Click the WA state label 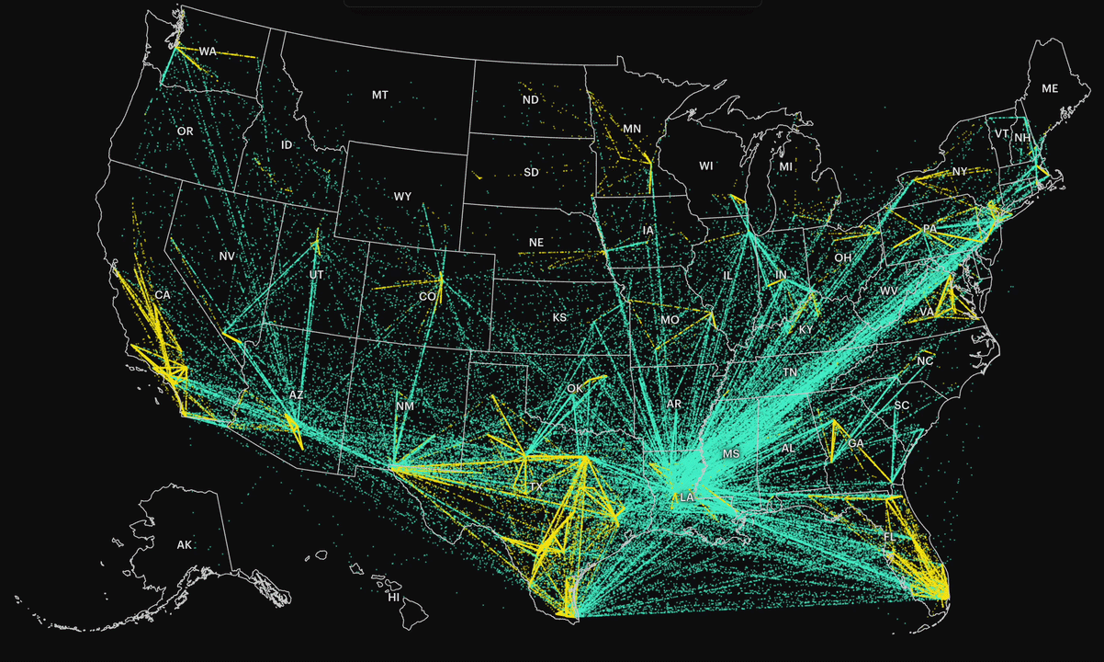(x=208, y=51)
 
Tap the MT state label (x=379, y=95)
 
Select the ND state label (x=530, y=99)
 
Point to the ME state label (x=1049, y=88)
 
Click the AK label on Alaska (x=185, y=544)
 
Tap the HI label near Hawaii (x=393, y=597)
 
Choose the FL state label (x=889, y=536)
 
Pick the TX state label (x=535, y=485)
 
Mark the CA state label (x=163, y=294)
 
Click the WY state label (x=402, y=196)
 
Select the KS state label (x=559, y=317)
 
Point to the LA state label (x=686, y=497)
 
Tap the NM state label (x=404, y=406)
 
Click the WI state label (x=705, y=165)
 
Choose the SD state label (x=531, y=172)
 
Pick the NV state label (x=227, y=256)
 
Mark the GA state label (x=856, y=443)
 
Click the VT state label (x=1001, y=134)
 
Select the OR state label (x=185, y=131)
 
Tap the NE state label (x=536, y=243)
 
